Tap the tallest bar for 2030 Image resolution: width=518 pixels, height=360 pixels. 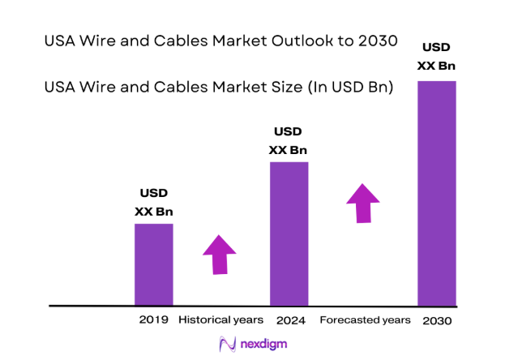click(436, 193)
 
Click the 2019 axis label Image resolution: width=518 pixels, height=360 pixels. click(153, 319)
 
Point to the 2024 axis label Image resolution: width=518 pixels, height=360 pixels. click(289, 320)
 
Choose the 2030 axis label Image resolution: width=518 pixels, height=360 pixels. click(437, 320)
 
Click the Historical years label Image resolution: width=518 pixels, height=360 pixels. click(220, 319)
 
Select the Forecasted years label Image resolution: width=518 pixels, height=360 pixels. click(365, 320)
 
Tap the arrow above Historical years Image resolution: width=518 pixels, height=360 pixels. click(218, 255)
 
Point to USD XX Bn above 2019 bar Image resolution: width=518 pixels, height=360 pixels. click(153, 203)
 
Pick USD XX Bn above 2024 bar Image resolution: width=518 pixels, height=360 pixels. click(289, 140)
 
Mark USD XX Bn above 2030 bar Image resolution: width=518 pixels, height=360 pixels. click(436, 58)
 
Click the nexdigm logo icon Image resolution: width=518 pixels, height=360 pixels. click(228, 344)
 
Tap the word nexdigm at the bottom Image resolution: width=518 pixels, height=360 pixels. click(263, 344)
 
